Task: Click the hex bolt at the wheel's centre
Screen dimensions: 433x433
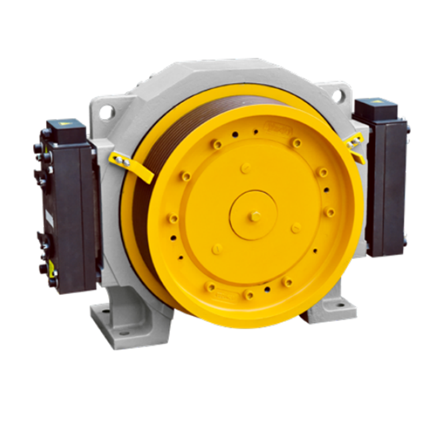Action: click(x=255, y=216)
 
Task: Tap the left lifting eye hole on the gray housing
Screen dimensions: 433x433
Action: click(x=107, y=112)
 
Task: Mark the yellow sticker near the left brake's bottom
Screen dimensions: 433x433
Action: click(x=52, y=267)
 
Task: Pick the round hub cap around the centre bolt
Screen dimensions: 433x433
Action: click(x=254, y=215)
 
